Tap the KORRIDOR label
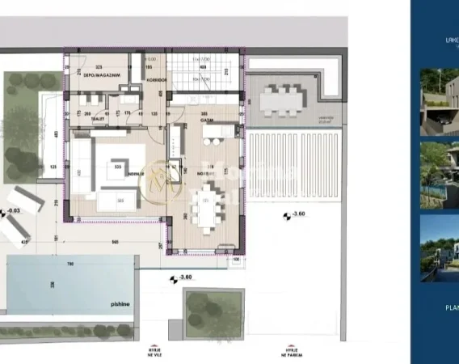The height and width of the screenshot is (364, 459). click(157, 80)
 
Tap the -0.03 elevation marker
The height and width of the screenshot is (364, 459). click(12, 213)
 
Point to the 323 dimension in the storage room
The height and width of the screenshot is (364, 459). click(99, 67)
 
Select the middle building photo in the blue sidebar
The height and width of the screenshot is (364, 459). click(439, 174)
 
